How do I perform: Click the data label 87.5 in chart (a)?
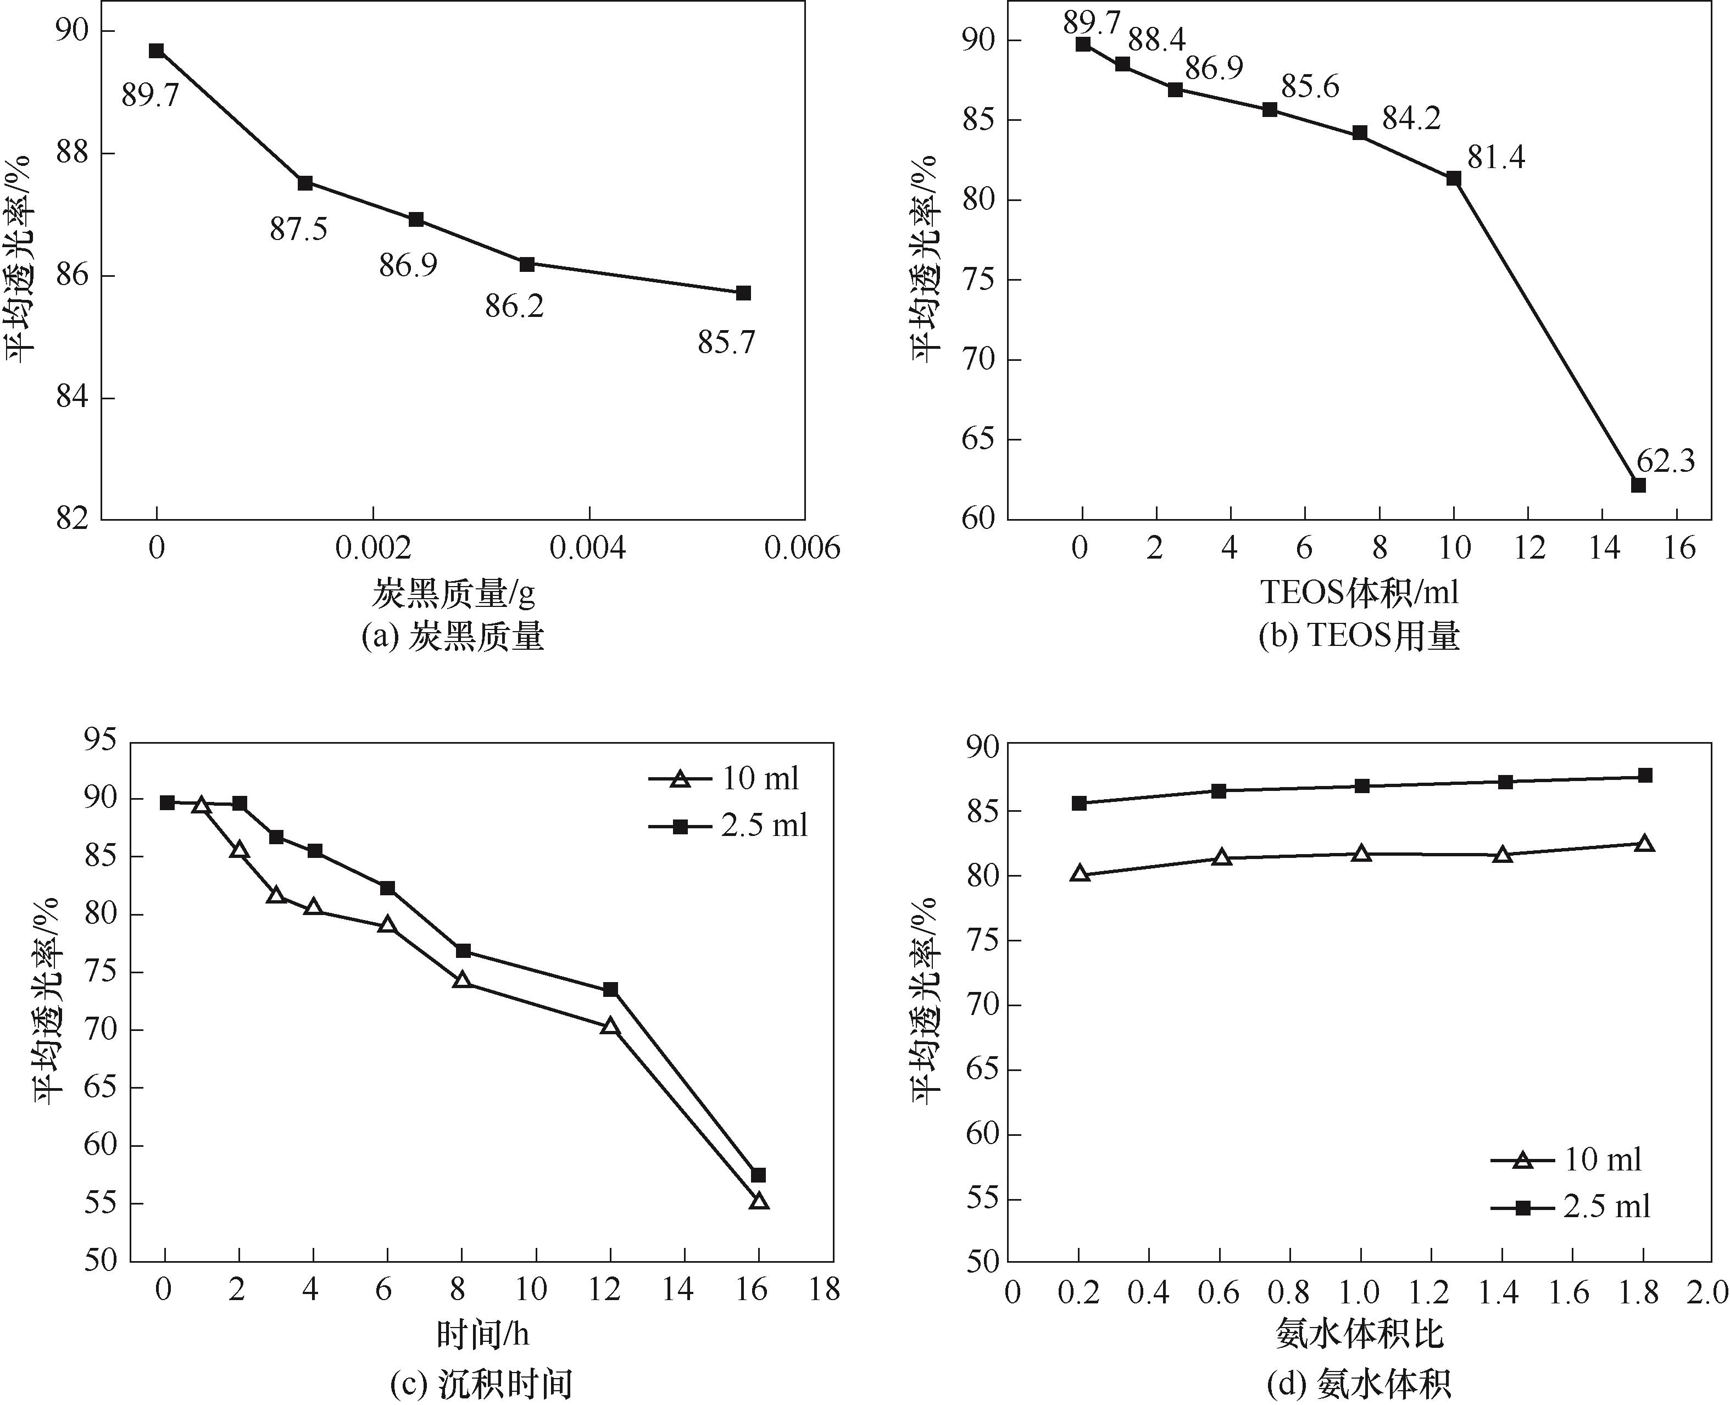click(299, 230)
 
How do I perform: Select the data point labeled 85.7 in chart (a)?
click(743, 293)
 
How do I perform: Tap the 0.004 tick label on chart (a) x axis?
click(588, 549)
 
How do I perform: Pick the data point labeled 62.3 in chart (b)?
click(1638, 485)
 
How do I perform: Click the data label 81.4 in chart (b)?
click(1496, 158)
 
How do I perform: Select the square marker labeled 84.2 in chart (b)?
click(1360, 133)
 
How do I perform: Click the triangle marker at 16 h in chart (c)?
click(759, 1201)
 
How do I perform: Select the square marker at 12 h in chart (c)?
click(610, 989)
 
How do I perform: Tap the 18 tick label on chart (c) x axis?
click(826, 1289)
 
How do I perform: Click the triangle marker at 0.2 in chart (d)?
click(1079, 873)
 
